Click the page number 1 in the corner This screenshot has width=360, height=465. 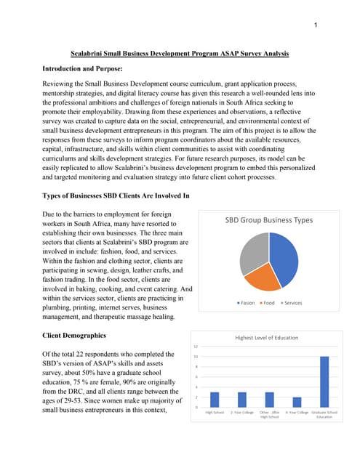(x=316, y=27)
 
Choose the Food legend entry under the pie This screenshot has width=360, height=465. (x=267, y=303)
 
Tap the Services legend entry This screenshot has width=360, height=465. (x=292, y=303)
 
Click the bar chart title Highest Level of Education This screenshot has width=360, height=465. (x=270, y=338)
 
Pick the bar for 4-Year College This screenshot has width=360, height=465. (x=297, y=402)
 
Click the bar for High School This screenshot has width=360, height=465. (x=214, y=400)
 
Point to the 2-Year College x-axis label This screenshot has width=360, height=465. (x=241, y=412)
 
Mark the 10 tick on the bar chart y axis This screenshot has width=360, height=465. (x=195, y=357)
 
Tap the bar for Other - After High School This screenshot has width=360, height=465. (x=269, y=400)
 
